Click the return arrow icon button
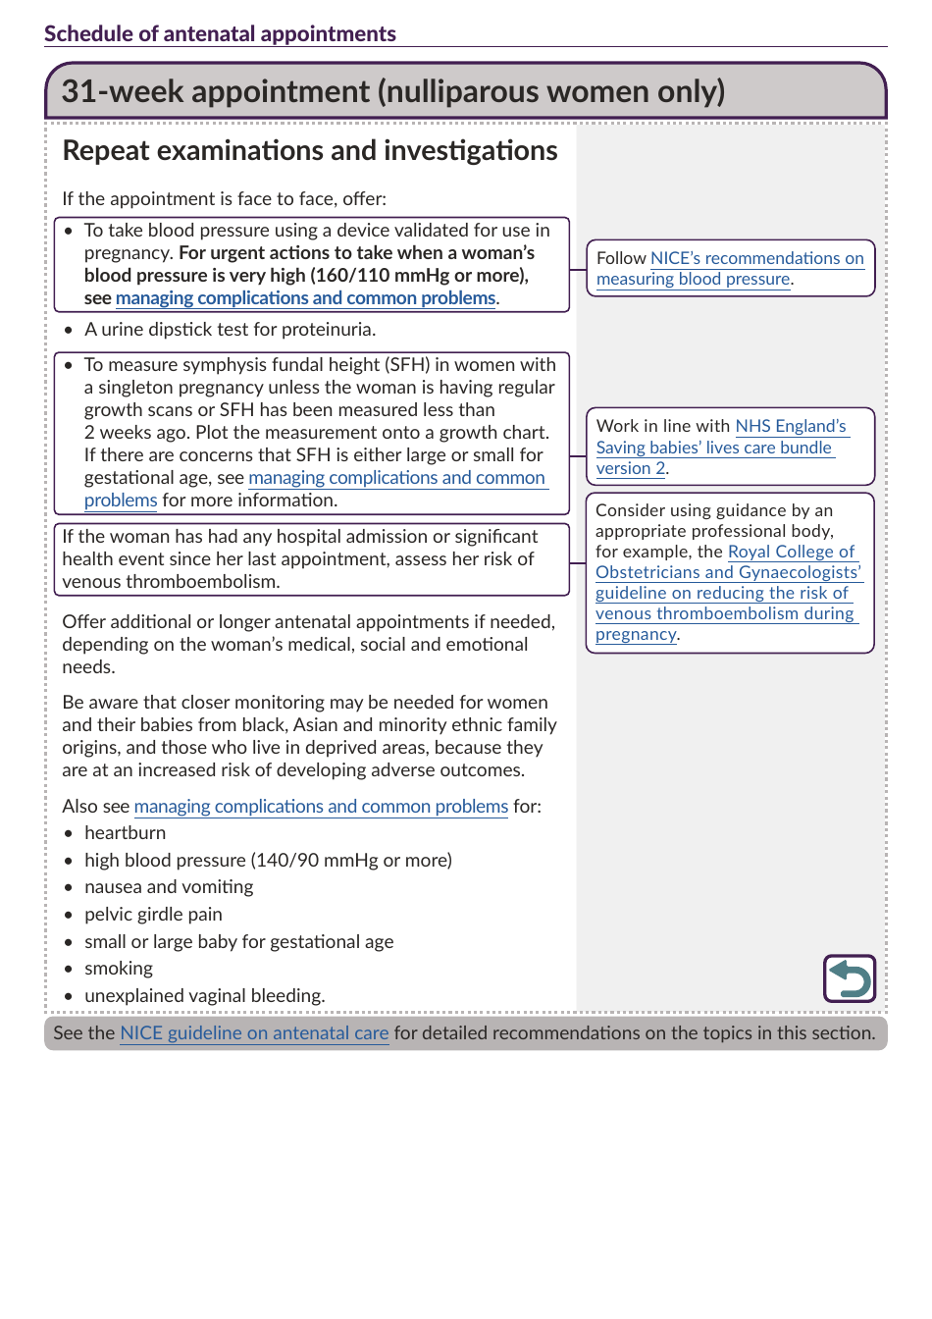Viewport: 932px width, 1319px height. pos(849,978)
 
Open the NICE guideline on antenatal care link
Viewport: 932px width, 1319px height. pos(254,1033)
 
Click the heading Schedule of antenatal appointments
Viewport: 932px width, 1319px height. pos(220,33)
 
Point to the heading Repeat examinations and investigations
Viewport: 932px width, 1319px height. pos(310,150)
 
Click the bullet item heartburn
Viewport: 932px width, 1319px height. pos(125,833)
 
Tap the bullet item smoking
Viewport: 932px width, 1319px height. pos(119,969)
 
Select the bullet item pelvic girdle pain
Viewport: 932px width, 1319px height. pos(153,915)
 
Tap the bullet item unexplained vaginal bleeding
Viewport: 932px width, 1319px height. pos(204,996)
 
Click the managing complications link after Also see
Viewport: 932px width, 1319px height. pos(321,807)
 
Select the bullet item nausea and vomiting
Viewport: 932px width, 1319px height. pos(169,887)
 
